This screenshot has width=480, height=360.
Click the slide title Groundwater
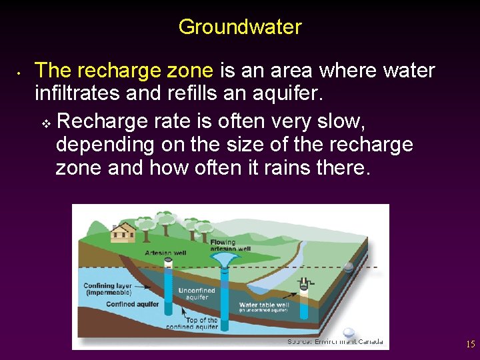pos(240,27)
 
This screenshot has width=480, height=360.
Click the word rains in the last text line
pos(282,167)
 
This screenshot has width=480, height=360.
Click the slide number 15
pos(470,345)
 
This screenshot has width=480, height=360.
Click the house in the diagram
pos(123,232)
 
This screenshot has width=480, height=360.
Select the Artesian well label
pos(165,253)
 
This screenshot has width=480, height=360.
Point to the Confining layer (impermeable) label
pos(107,289)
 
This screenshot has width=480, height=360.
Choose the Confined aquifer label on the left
pos(133,305)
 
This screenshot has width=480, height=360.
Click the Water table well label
pos(265,307)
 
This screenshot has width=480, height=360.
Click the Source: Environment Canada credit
pos(335,341)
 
